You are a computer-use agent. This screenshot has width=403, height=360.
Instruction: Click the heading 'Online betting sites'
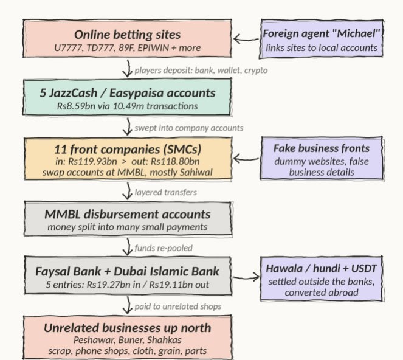click(x=127, y=35)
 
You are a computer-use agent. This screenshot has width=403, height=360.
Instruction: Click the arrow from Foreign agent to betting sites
click(x=246, y=39)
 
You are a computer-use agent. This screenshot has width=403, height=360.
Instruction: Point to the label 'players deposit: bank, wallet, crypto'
click(x=201, y=70)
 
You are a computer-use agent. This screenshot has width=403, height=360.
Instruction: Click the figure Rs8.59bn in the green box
click(x=76, y=106)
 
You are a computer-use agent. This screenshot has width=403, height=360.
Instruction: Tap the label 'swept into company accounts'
click(x=189, y=128)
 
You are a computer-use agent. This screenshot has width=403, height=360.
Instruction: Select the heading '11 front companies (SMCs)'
click(x=128, y=150)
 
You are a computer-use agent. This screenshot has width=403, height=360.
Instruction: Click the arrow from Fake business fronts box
click(x=246, y=159)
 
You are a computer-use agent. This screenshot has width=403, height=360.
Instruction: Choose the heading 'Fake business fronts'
click(x=322, y=148)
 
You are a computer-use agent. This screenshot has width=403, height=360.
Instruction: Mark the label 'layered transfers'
click(x=166, y=192)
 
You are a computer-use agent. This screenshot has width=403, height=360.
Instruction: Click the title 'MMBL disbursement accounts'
click(x=128, y=214)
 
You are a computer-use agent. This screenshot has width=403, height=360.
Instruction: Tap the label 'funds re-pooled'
click(x=164, y=248)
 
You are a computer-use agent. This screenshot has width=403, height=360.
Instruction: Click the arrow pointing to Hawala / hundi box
click(x=246, y=277)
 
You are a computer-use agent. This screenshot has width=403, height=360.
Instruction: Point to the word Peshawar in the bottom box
click(x=95, y=340)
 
